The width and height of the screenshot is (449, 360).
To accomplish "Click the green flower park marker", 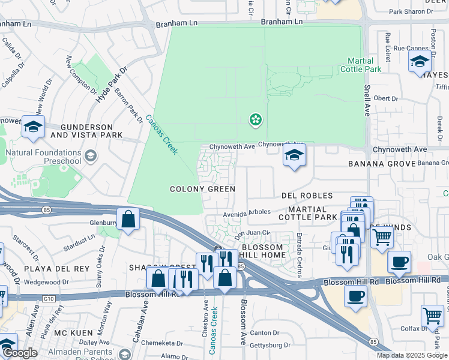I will tap(256, 120).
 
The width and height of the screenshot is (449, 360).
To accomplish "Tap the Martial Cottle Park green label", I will tap(364, 65).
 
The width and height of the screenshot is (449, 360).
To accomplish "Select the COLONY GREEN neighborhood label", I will tap(202, 189).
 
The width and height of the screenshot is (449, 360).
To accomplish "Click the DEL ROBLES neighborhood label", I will tap(307, 196).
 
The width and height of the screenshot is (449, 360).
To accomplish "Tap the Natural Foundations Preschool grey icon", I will tap(91, 157).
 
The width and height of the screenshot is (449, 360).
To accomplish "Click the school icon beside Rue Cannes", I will tap(420, 62).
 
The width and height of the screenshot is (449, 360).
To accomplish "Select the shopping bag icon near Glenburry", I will tap(129, 219).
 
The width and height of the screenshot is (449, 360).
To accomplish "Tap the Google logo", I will tap(20, 353).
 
